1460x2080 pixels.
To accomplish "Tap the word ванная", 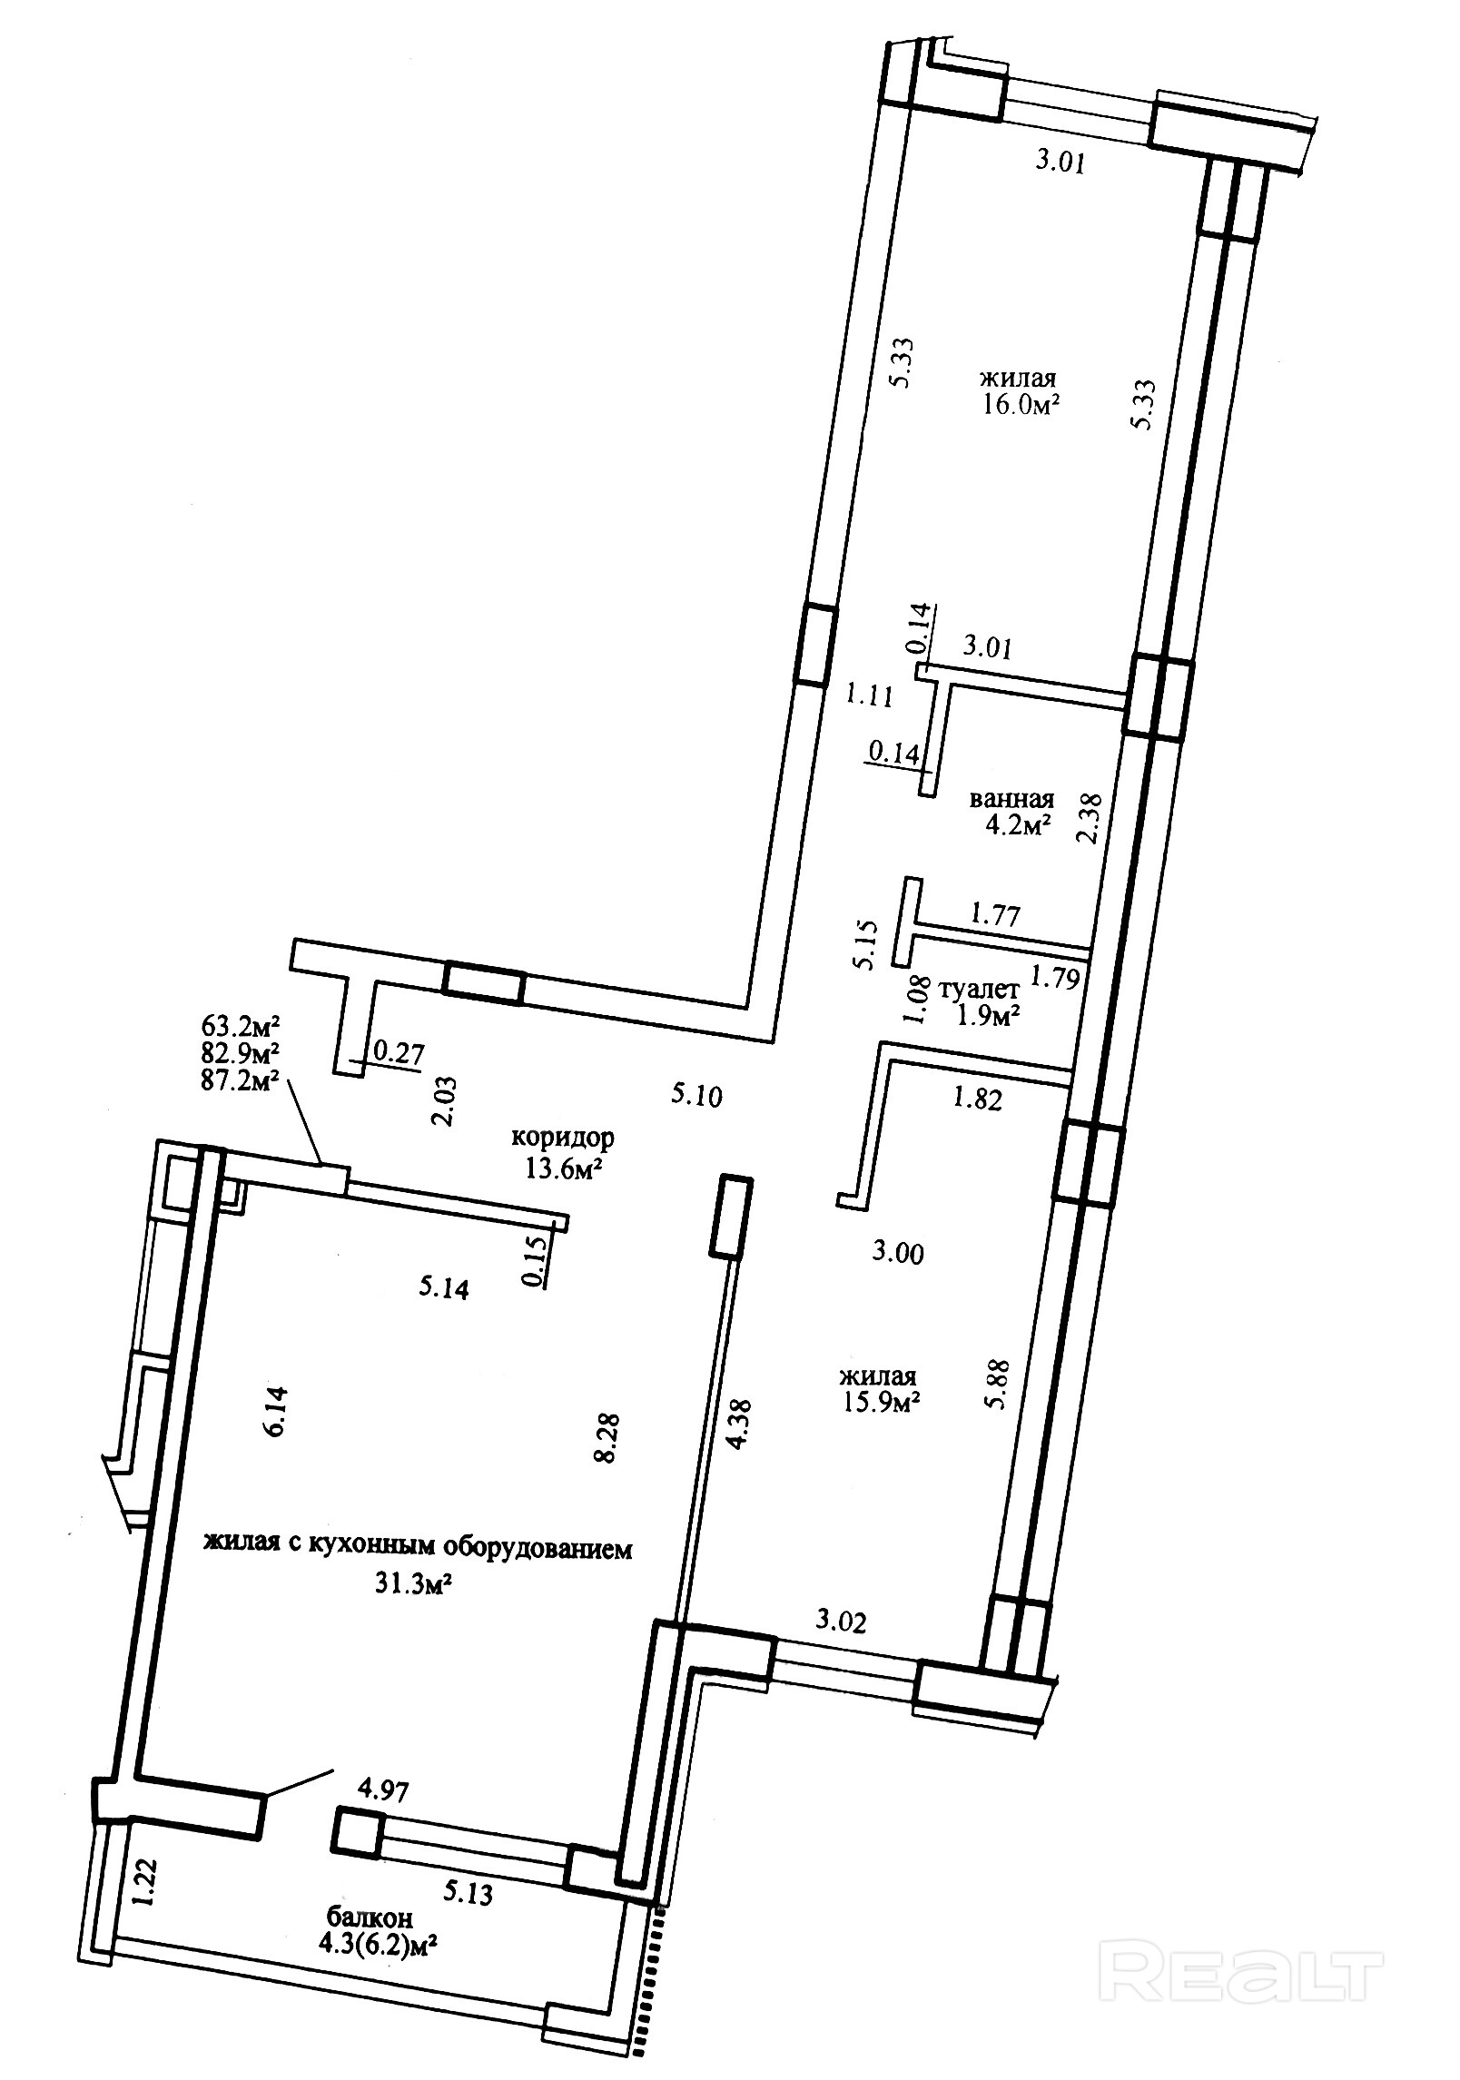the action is tap(1012, 799).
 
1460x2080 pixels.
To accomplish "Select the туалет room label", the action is tap(982, 989).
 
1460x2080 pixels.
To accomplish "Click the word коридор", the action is tap(563, 1137).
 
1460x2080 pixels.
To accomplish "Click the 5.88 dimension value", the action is tap(999, 1394).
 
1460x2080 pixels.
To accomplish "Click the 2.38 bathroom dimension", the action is tap(1090, 818).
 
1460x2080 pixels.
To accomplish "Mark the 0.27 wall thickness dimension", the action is tap(399, 1052).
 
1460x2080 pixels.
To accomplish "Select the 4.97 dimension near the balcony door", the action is tap(384, 1792).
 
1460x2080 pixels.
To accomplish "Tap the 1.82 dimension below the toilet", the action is tap(977, 1099).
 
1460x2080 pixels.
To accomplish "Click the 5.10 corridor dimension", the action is tap(696, 1096).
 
